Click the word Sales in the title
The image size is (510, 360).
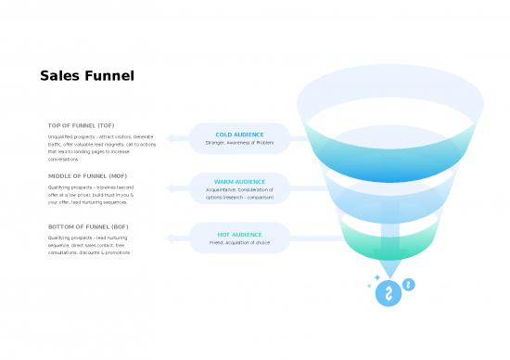[x=57, y=77]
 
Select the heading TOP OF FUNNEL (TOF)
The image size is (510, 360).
[x=81, y=125]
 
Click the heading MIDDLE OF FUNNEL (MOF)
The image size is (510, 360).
[x=86, y=175]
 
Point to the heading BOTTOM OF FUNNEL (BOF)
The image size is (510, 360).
[x=88, y=226]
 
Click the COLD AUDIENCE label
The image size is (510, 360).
[x=239, y=135]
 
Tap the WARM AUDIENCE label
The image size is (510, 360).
[x=239, y=181]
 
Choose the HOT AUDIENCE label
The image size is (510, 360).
[x=239, y=234]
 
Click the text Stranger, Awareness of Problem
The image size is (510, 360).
[x=239, y=143]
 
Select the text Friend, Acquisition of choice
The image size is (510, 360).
[x=239, y=242]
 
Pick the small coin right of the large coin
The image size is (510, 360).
[x=409, y=284]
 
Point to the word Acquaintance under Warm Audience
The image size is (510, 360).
[x=226, y=189]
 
